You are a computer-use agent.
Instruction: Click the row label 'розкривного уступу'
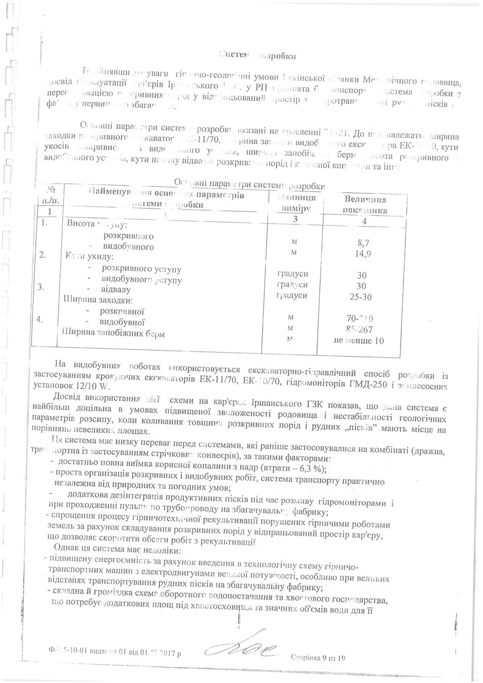click(142, 269)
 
